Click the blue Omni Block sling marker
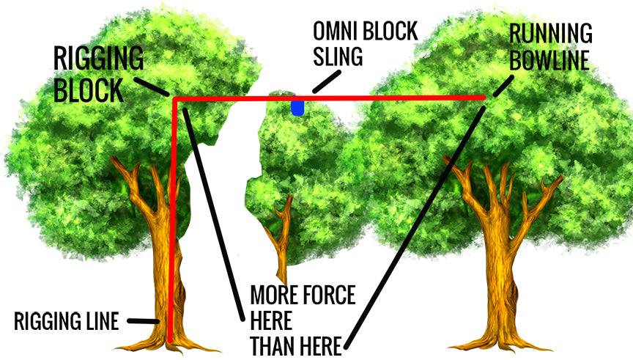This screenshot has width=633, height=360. [x=297, y=108]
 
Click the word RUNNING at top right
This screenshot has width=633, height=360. [x=552, y=34]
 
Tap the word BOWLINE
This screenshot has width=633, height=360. [x=550, y=59]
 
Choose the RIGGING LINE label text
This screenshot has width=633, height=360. [x=66, y=321]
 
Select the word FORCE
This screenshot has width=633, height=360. [x=328, y=296]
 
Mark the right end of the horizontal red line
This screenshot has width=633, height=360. [x=483, y=97]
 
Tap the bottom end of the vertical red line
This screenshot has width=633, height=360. [x=171, y=339]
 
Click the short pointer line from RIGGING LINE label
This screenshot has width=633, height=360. [x=144, y=320]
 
